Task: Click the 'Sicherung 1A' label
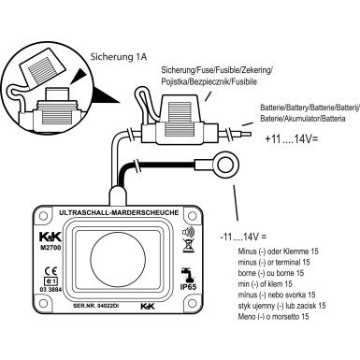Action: click(x=119, y=57)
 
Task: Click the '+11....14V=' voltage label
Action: click(x=291, y=139)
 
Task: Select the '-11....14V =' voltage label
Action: click(x=243, y=238)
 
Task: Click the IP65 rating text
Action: click(x=188, y=286)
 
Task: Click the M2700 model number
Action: click(x=50, y=249)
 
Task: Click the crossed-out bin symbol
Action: click(x=188, y=246)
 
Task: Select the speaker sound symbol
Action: click(x=188, y=232)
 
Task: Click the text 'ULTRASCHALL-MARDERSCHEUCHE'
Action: click(x=119, y=213)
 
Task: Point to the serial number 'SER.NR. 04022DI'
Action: click(x=95, y=306)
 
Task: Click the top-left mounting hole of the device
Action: click(x=43, y=216)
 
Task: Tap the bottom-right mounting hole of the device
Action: click(x=191, y=302)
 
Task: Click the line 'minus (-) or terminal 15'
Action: click(x=274, y=263)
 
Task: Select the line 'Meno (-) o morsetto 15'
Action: click(x=273, y=317)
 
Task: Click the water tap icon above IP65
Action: click(x=187, y=275)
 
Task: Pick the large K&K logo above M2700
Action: click(x=50, y=238)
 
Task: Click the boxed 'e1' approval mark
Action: click(x=50, y=281)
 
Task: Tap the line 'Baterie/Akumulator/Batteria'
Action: click(x=303, y=119)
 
